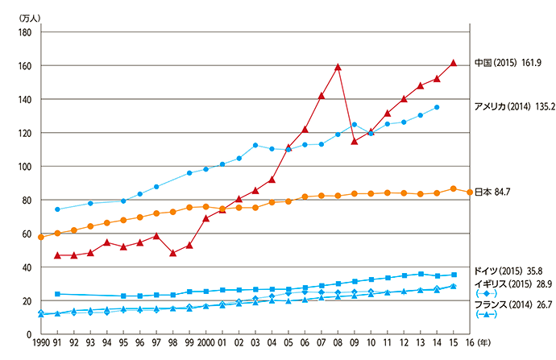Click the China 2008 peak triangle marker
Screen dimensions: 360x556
pyautogui.click(x=338, y=67)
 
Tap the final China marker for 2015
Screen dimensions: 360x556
pyautogui.click(x=453, y=62)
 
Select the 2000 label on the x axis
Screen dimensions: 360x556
pyautogui.click(x=205, y=343)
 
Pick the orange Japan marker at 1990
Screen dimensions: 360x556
pyautogui.click(x=41, y=237)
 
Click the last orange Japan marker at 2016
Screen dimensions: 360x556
pyautogui.click(x=470, y=192)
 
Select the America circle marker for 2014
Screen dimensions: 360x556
pyautogui.click(x=437, y=107)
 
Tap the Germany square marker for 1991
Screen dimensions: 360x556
pyautogui.click(x=57, y=294)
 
